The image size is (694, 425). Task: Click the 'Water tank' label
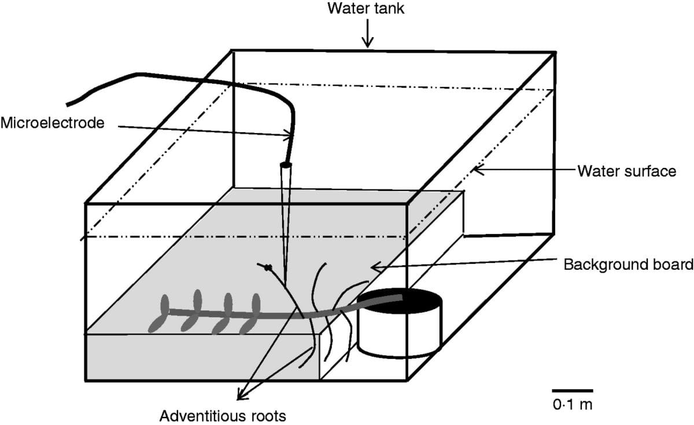coord(366,9)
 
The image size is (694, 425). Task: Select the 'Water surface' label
coord(626,171)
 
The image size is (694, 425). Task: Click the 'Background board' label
coord(628,265)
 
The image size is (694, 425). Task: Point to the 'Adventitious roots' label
coord(223,415)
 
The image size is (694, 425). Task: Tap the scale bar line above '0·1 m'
coord(572,391)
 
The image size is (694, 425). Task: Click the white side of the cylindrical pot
coord(399,336)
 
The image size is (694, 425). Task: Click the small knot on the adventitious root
coord(268,268)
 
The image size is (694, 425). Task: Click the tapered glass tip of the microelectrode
coord(285,220)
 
